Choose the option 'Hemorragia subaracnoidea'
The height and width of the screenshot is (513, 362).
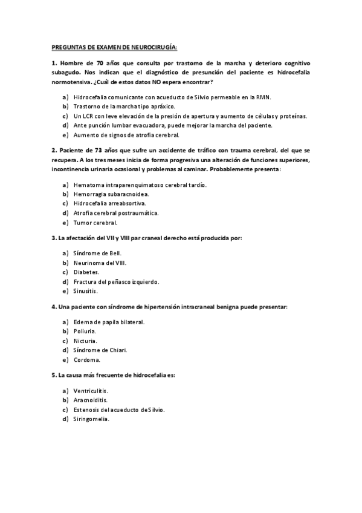click(111, 194)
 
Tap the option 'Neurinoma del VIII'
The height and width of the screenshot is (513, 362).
click(100, 263)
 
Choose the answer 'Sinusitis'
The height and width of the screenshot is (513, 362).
click(85, 291)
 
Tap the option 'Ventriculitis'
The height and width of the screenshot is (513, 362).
click(91, 390)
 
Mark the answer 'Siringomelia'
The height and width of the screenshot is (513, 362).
click(91, 419)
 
